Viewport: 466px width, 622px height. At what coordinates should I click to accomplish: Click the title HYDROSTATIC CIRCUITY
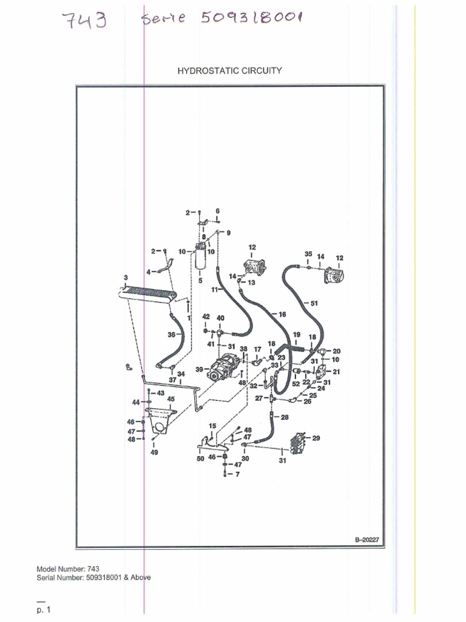tap(229, 70)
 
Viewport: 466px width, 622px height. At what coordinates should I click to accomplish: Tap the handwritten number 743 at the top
tap(84, 20)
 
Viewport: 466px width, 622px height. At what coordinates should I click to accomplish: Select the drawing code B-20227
tap(367, 539)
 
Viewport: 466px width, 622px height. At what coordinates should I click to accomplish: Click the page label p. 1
tap(44, 610)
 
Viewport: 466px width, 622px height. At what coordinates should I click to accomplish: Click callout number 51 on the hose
tap(314, 304)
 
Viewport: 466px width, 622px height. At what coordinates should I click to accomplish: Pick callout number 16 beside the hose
tap(282, 314)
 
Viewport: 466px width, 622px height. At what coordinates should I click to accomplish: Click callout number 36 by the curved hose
tap(171, 335)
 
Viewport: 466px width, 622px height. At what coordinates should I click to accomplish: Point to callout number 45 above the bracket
tap(171, 398)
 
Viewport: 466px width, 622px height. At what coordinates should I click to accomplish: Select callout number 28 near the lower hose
tap(285, 417)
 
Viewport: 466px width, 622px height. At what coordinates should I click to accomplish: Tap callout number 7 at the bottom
tap(237, 474)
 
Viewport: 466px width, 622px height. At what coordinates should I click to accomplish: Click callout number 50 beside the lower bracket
tap(200, 459)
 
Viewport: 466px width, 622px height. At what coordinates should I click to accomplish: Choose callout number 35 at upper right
tap(308, 254)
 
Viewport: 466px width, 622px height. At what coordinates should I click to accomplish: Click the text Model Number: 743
tap(68, 569)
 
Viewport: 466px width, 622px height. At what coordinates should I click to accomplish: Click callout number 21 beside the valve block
tap(336, 372)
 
